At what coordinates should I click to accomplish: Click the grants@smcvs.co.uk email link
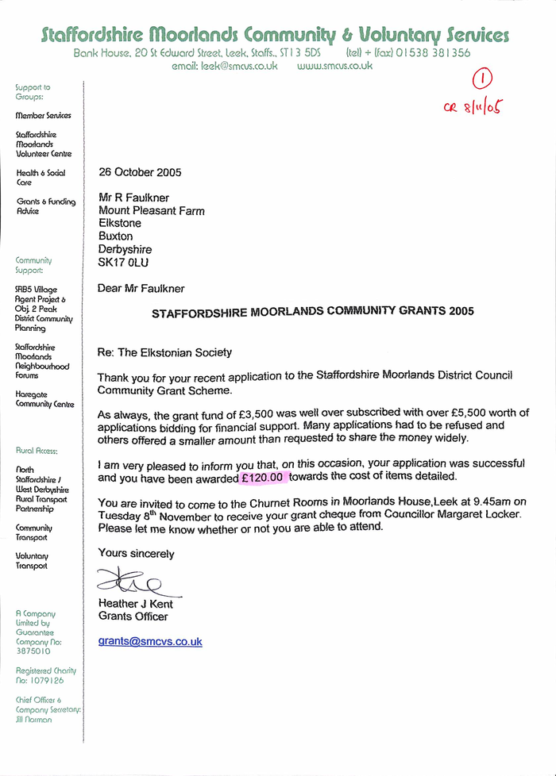150,641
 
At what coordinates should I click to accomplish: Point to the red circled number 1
484,79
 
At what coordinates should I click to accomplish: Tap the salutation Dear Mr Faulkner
141,289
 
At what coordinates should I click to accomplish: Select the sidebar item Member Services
43,115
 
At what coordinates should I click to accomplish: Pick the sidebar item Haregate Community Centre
44,398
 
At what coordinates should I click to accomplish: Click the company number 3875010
33,651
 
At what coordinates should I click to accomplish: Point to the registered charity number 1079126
40,680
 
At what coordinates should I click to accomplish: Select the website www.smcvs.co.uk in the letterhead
334,67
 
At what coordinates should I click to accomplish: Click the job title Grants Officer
133,617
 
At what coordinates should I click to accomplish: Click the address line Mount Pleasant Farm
151,211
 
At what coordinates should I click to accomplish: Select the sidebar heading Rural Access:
37,451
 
